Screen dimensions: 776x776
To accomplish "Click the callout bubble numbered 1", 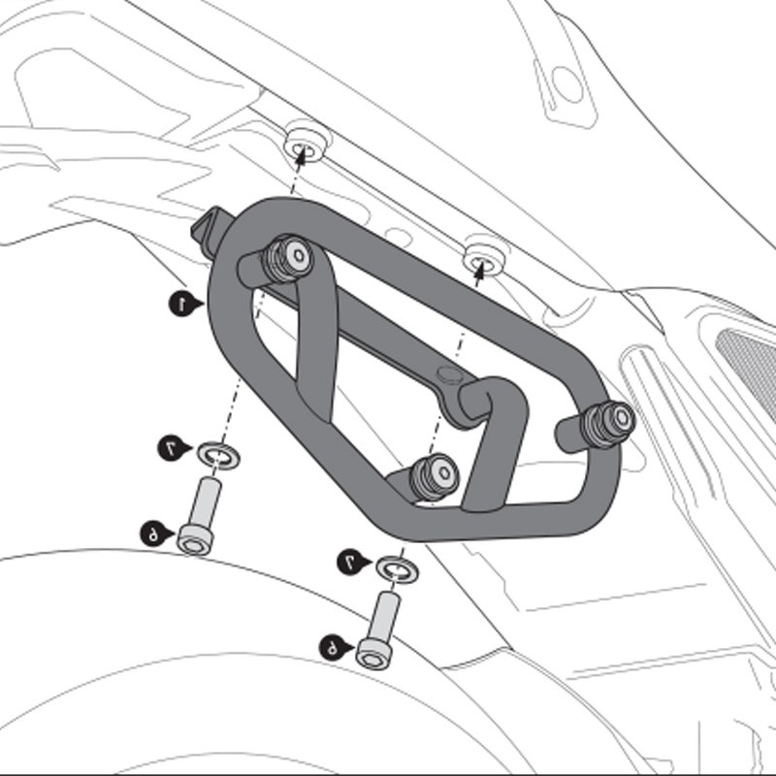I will coord(179,304).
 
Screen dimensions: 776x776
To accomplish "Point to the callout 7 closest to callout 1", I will coord(170,447).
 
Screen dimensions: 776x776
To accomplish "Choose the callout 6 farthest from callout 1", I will coord(332,647).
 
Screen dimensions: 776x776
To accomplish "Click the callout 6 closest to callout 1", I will coord(152,533).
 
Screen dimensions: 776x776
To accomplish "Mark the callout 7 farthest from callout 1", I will coord(350,562).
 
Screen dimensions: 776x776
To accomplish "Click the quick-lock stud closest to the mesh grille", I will coord(609,420).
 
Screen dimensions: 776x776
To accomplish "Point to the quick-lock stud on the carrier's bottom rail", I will coord(433,475).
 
